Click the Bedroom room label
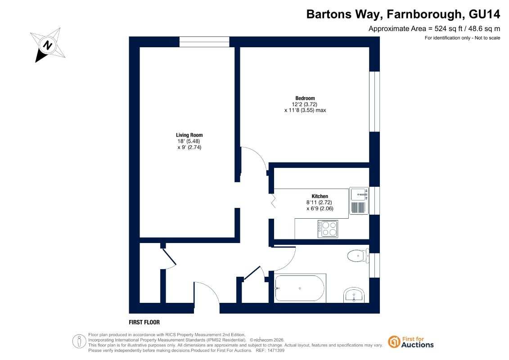(305, 98)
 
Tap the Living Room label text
(189, 135)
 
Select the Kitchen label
(320, 196)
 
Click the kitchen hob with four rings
(328, 229)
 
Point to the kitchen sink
(359, 201)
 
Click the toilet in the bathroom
(358, 256)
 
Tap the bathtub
(300, 288)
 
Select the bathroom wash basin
(354, 295)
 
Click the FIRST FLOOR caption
(144, 322)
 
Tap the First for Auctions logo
(411, 342)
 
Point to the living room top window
(204, 42)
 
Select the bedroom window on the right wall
(374, 102)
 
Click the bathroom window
(374, 265)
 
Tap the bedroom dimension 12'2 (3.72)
(305, 104)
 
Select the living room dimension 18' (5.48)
(189, 141)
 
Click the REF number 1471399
(275, 351)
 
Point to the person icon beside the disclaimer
(79, 342)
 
